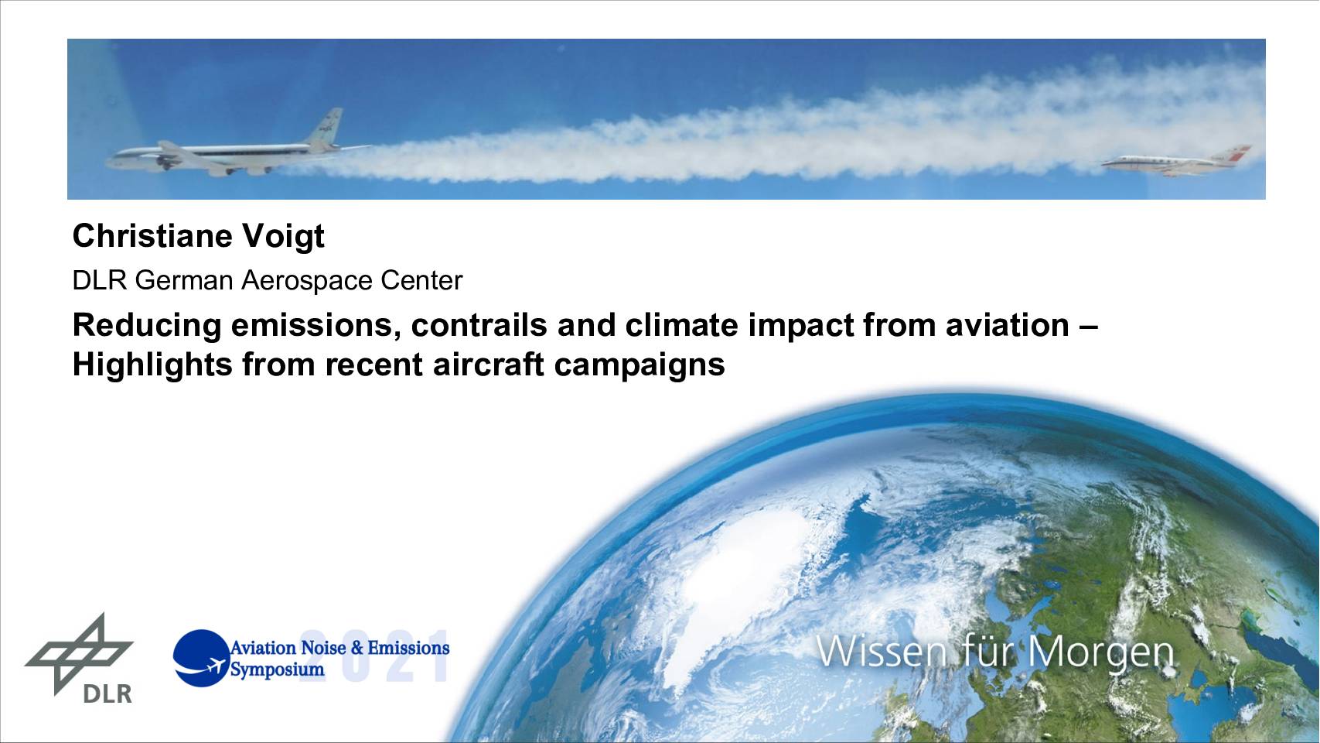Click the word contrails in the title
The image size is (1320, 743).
[479, 325]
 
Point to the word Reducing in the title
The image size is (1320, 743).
[147, 327]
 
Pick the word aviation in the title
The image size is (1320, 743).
[1008, 325]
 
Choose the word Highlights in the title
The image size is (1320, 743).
[152, 365]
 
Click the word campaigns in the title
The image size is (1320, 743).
[640, 365]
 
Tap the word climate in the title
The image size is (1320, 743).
[681, 325]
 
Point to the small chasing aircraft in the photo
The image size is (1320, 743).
[1175, 162]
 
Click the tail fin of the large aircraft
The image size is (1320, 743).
[326, 127]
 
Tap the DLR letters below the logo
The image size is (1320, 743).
[107, 694]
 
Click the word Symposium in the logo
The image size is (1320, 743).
[277, 670]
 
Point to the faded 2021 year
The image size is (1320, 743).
[375, 656]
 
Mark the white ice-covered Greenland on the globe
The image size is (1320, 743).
[742, 566]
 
